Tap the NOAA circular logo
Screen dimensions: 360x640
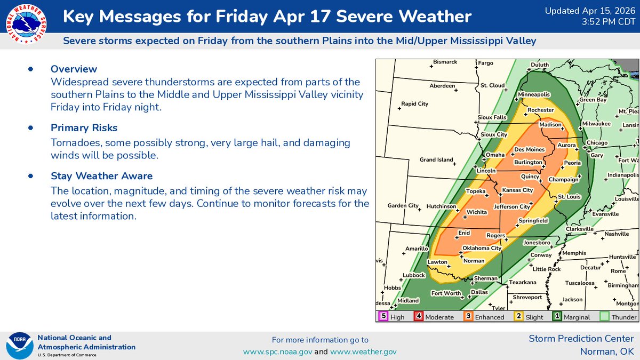click(x=19, y=345)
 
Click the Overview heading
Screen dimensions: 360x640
click(x=74, y=69)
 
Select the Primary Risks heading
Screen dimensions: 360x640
click(x=84, y=128)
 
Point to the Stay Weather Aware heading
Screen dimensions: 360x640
click(x=101, y=176)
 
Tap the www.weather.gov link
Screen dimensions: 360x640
click(x=363, y=351)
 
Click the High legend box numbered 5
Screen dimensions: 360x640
click(x=382, y=316)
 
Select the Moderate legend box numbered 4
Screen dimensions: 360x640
click(x=419, y=316)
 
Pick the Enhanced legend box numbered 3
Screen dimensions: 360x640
click(x=467, y=316)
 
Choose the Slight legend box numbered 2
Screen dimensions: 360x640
click(x=518, y=316)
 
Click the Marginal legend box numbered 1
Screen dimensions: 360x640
click(x=557, y=316)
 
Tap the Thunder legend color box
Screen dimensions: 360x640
click(x=604, y=316)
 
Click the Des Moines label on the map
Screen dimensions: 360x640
click(x=530, y=149)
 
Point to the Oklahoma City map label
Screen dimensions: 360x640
click(x=482, y=248)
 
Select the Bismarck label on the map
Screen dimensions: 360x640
click(x=445, y=62)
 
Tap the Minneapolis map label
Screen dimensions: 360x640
click(x=534, y=94)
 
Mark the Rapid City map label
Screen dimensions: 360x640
click(x=415, y=104)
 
